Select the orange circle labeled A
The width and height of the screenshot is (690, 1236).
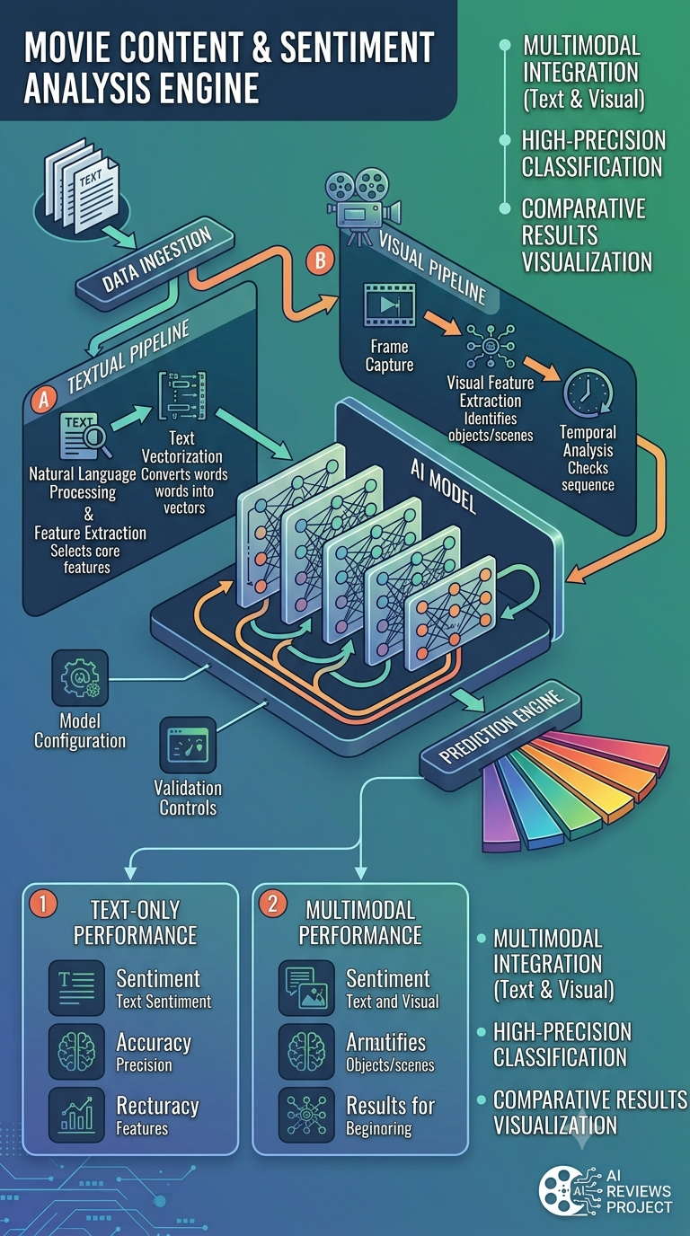pyautogui.click(x=44, y=399)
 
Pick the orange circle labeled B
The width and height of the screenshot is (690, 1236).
pyautogui.click(x=320, y=260)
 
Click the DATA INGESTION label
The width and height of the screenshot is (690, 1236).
pyautogui.click(x=156, y=260)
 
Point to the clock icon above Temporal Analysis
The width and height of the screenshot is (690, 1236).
pyautogui.click(x=588, y=393)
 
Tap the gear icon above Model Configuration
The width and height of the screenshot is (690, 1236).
pyautogui.click(x=80, y=678)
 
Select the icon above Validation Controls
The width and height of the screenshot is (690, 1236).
pyautogui.click(x=189, y=745)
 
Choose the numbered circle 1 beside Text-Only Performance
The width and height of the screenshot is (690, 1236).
pyautogui.click(x=44, y=904)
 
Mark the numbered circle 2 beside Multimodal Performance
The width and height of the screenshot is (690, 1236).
pyautogui.click(x=273, y=904)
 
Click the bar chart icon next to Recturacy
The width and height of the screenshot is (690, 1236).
pyautogui.click(x=76, y=1115)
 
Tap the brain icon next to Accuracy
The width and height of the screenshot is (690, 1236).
pyautogui.click(x=76, y=1052)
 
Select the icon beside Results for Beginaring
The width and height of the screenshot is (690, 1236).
pyautogui.click(x=306, y=1115)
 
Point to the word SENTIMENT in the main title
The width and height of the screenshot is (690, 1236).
pyautogui.click(x=358, y=48)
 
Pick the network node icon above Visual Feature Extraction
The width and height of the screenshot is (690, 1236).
pyautogui.click(x=491, y=347)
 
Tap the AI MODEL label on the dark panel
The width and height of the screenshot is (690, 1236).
pyautogui.click(x=443, y=486)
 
